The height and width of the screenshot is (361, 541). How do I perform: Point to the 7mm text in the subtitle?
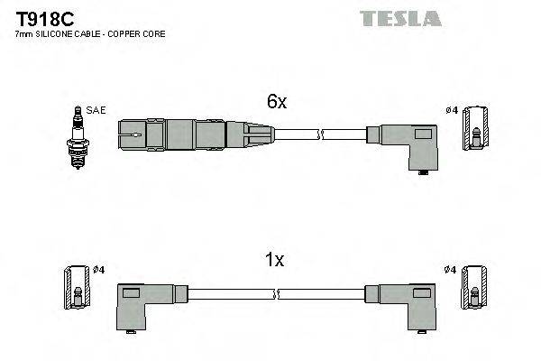coord(25,34)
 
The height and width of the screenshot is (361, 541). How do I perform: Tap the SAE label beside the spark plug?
coord(96,110)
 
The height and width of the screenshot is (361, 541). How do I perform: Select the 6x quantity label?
coord(276,103)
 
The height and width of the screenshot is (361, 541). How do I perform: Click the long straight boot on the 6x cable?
coord(194,135)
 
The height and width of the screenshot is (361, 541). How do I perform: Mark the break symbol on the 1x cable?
coord(278,295)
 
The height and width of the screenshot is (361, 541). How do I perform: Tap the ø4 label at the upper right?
coord(452,110)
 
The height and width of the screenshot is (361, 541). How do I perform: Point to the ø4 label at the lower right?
coord(451,270)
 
